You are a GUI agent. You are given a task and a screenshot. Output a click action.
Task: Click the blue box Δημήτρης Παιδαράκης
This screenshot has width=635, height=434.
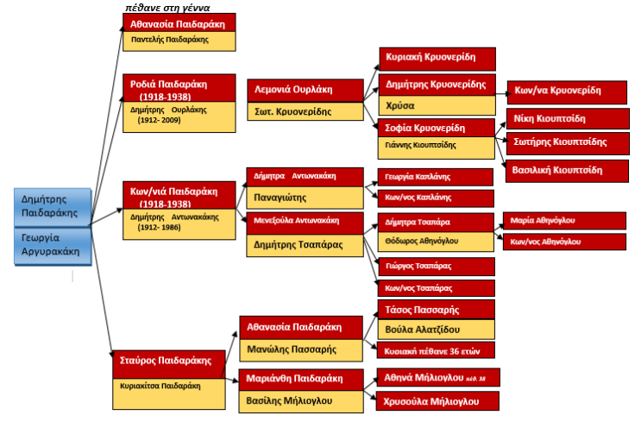pyautogui.click(x=53, y=205)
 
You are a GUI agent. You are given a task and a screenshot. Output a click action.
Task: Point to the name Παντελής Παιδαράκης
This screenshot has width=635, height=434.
pyautogui.click(x=166, y=40)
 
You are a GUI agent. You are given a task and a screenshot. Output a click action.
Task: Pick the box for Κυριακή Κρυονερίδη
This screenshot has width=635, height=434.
pyautogui.click(x=437, y=59)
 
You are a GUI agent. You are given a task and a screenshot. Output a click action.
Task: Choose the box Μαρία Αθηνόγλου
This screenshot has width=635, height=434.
pyautogui.click(x=553, y=220)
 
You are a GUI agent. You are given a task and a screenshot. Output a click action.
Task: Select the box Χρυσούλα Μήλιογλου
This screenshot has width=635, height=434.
pyautogui.click(x=437, y=400)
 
